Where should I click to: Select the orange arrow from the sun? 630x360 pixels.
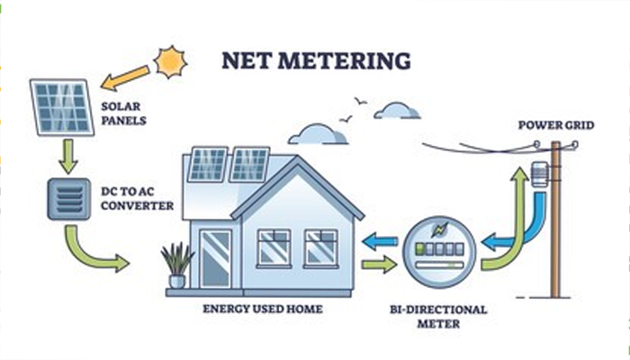click(126, 78)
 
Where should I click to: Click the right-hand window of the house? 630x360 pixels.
click(320, 248)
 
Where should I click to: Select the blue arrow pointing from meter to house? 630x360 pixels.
click(381, 240)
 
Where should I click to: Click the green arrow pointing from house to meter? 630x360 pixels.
click(379, 265)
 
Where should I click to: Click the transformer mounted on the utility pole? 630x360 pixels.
click(540, 174)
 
